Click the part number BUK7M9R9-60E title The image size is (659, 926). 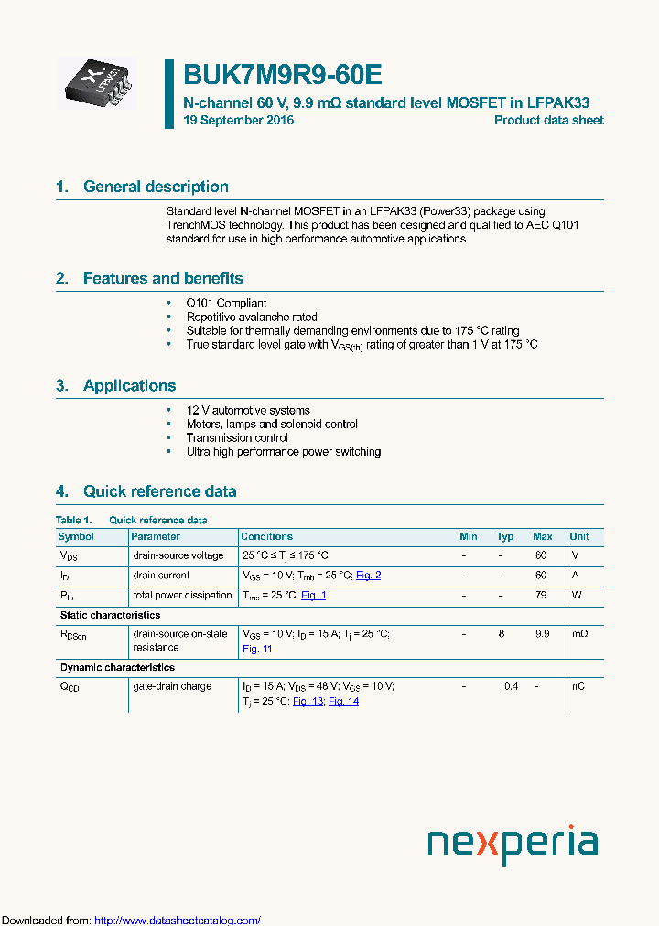coord(283,75)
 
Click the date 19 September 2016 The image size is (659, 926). coord(239,121)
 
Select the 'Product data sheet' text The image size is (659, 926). coord(548,121)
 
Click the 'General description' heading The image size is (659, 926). coord(156,187)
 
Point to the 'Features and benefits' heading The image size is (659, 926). coord(163,278)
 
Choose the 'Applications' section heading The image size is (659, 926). coord(129,385)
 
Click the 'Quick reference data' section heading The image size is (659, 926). coord(159,491)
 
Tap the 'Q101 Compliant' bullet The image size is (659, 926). coord(226,304)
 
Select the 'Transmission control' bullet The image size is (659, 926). coord(237,438)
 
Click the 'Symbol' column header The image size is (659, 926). coord(76,536)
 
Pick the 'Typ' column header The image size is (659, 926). coord(505,536)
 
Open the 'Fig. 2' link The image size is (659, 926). coord(368,576)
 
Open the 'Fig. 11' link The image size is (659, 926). coord(257,649)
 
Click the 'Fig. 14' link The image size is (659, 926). coord(343,701)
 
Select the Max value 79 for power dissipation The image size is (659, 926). coord(541,595)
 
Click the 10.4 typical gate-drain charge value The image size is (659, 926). coord(509,686)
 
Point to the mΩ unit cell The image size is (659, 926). coord(578,634)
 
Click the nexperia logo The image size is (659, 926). coord(513,844)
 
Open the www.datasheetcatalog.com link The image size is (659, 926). coord(178,920)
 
